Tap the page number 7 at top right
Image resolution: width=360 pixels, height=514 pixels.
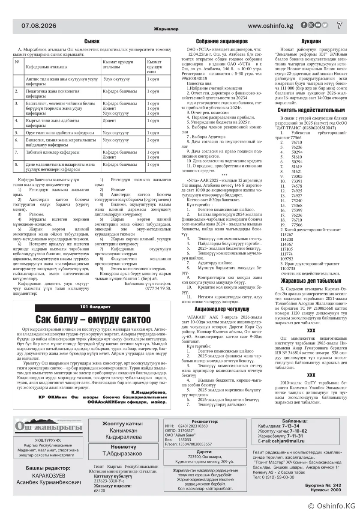[339, 25]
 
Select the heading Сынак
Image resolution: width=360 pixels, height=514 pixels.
[92, 41]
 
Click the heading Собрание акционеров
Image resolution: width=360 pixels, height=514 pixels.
[222, 42]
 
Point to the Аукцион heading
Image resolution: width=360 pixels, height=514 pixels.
[311, 42]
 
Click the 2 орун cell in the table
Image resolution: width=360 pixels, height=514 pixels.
[153, 140]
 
